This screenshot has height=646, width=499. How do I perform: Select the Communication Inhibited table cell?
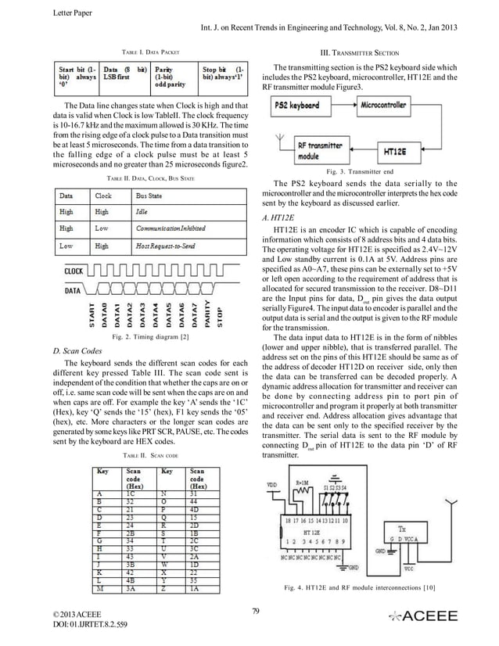[175, 228]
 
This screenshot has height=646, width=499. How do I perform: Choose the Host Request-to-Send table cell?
[169, 246]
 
